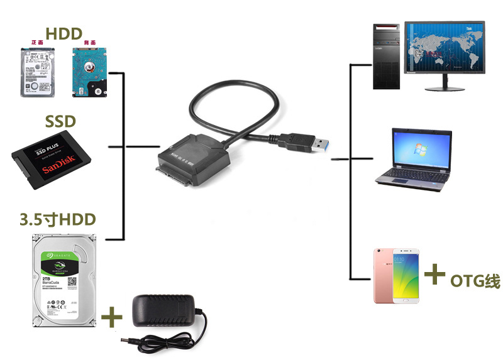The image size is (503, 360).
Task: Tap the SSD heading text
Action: pos(61,121)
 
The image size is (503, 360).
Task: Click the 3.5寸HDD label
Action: pos(57,219)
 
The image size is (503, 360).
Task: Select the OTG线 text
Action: pos(475,280)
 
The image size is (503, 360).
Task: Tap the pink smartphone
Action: pos(398,275)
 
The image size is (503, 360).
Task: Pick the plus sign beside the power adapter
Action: pos(111,317)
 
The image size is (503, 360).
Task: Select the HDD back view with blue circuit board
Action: pos(89,71)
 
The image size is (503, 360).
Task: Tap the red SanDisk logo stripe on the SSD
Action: pos(58,169)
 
